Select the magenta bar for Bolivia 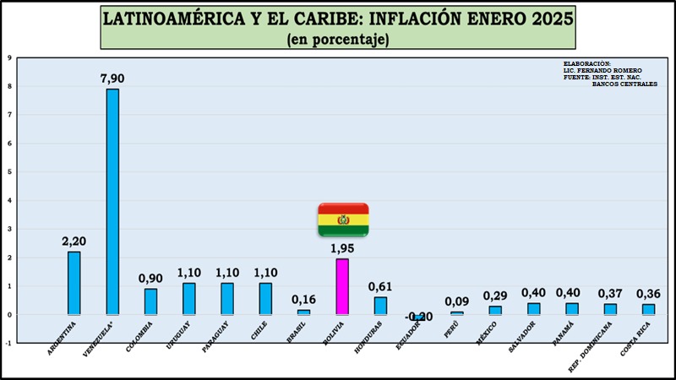[342, 286]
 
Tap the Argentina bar [74, 283]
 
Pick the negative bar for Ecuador [419, 318]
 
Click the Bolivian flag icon [343, 220]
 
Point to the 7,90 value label [112, 79]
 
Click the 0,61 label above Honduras [380, 285]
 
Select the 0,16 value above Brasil [303, 299]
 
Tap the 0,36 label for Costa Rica [647, 293]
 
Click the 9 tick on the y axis [8, 58]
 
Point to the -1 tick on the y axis [8, 343]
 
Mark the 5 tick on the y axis [8, 172]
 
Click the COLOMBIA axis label [140, 336]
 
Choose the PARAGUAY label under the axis [216, 336]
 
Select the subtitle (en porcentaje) [338, 39]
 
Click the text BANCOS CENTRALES [624, 84]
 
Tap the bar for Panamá [572, 309]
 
